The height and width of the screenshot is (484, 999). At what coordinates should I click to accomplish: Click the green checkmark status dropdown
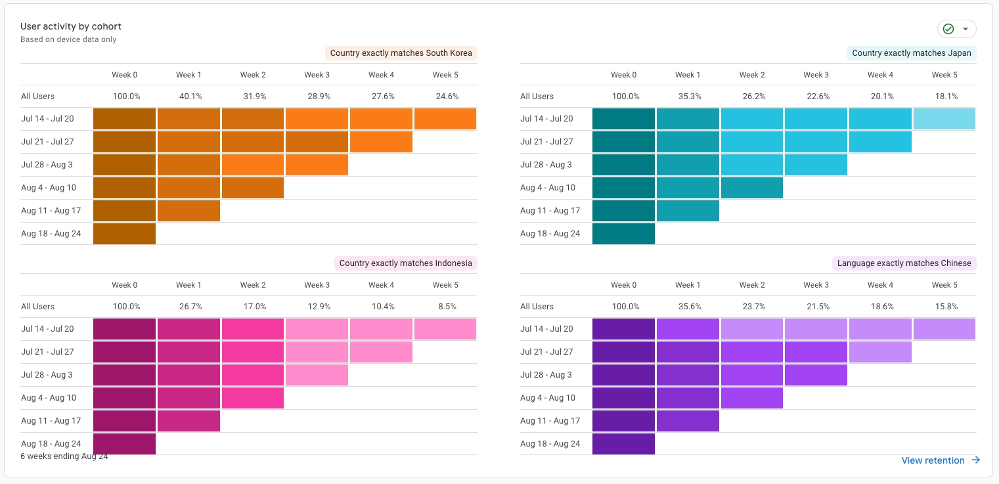click(956, 29)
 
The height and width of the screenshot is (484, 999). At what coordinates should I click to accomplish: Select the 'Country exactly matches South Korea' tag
click(401, 53)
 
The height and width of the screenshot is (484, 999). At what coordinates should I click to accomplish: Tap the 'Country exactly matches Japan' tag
click(911, 53)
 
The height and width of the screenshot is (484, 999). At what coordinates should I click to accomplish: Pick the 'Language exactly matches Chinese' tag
click(904, 263)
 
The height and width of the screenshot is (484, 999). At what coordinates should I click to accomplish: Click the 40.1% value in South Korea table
click(190, 97)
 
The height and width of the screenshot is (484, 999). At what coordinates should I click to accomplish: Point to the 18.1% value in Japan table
click(944, 97)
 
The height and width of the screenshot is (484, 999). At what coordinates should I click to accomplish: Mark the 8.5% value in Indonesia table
click(445, 307)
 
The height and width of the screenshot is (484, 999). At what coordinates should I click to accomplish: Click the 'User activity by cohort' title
click(71, 26)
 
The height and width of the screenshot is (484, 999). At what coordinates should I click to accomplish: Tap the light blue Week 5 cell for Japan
click(944, 119)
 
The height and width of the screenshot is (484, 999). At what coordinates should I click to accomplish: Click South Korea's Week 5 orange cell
click(445, 119)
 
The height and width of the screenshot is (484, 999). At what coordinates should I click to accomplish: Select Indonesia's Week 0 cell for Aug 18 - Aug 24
click(125, 444)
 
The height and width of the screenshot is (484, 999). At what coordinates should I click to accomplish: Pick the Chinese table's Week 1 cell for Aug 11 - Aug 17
click(688, 421)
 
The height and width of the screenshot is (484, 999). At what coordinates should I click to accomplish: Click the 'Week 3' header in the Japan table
click(816, 75)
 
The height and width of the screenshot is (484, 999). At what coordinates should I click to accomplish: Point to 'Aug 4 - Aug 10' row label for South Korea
click(49, 188)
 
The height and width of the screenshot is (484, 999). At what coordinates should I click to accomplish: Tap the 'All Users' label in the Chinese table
click(537, 307)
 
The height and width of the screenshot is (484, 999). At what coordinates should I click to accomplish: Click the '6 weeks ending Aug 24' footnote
click(64, 456)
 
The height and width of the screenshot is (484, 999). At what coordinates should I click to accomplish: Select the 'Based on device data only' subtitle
click(68, 39)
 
